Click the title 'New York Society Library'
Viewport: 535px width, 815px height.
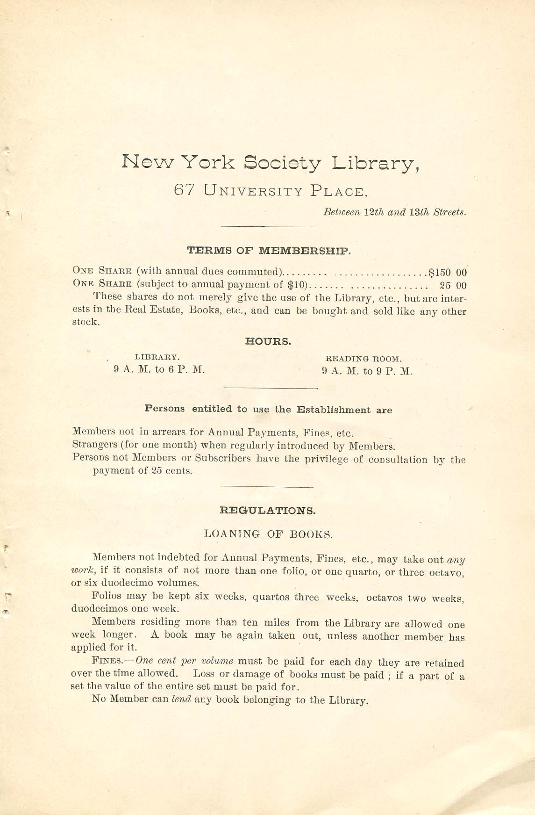tap(270, 163)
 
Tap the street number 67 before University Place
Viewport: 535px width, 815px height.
tap(182, 190)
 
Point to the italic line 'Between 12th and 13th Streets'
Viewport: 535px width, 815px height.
tap(394, 212)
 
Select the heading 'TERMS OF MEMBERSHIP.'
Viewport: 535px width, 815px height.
tap(269, 250)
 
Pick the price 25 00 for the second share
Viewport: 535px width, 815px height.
tap(453, 285)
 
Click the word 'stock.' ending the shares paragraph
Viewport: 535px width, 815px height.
tap(86, 322)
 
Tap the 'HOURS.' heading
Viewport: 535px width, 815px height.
tap(268, 342)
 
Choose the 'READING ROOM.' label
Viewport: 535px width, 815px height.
tap(364, 359)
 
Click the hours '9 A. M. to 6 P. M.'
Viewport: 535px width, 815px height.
tap(159, 369)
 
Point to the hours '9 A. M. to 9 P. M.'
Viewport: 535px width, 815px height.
tap(367, 372)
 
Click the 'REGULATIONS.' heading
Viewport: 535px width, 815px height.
tap(267, 511)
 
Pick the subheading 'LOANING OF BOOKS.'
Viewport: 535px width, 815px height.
tap(268, 534)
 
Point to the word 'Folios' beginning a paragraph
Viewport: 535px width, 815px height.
tap(107, 596)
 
